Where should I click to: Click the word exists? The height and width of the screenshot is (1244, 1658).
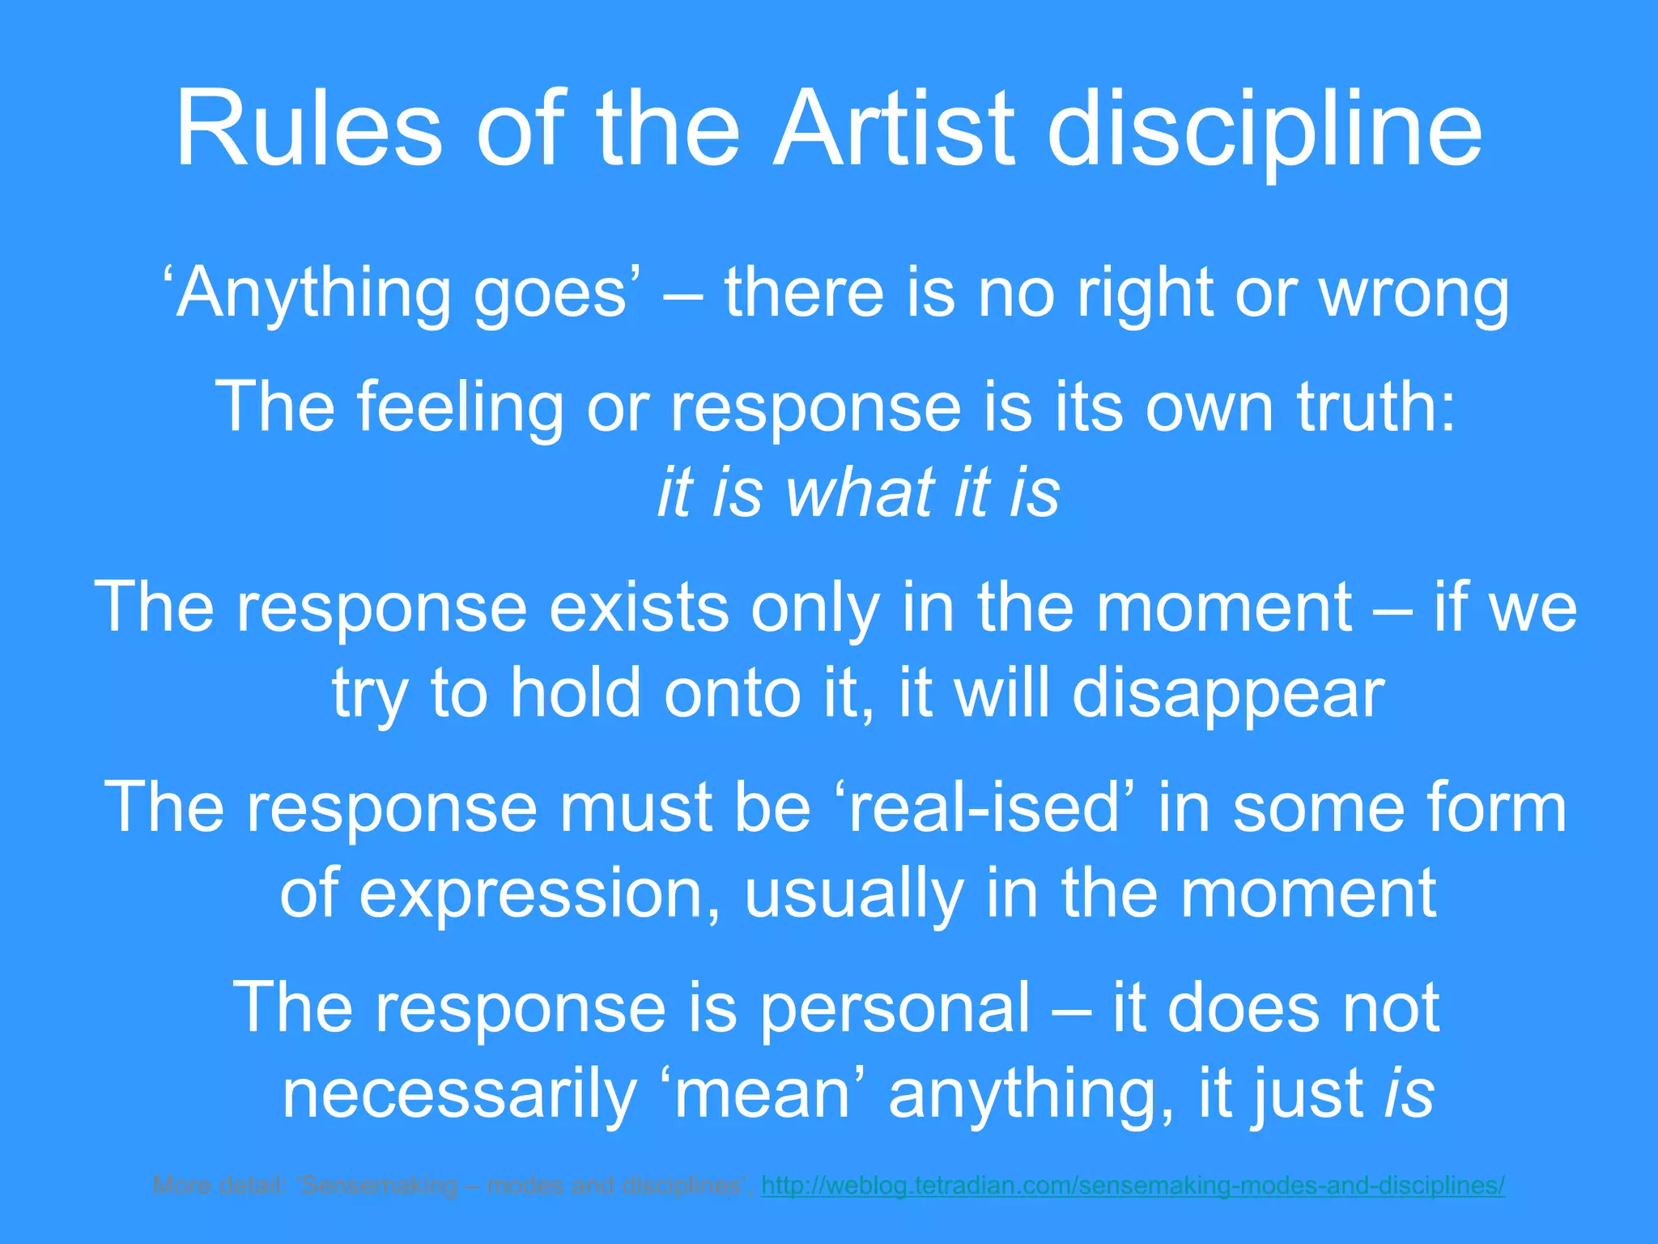[639, 607]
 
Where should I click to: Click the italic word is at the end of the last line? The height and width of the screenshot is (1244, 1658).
[1409, 1093]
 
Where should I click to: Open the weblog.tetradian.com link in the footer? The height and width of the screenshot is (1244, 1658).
[1133, 1186]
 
